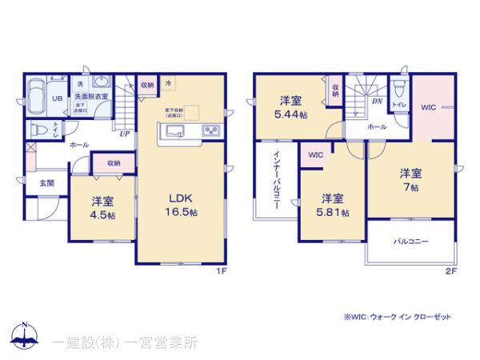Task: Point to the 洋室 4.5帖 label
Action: tap(100, 206)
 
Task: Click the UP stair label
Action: tap(124, 134)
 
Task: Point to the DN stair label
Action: tap(376, 102)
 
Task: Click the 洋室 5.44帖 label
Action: tap(290, 107)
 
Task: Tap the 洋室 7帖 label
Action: tap(410, 179)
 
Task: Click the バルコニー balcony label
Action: tap(411, 241)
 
